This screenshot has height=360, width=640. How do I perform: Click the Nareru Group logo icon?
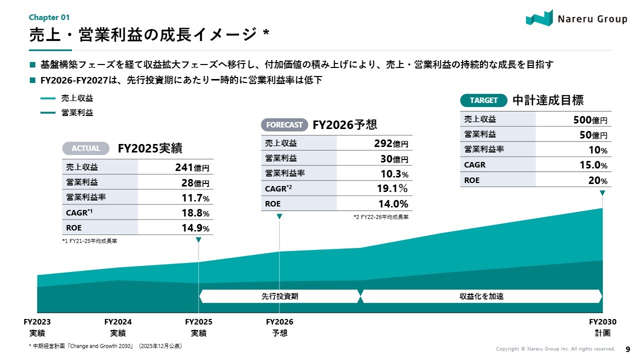(x=539, y=18)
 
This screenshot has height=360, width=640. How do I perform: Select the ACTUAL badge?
(x=85, y=148)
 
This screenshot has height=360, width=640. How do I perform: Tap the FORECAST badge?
(x=284, y=124)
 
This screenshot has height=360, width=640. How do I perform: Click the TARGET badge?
(x=483, y=100)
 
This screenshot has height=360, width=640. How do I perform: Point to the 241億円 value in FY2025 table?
(x=192, y=167)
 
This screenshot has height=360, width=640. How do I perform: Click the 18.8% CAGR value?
(x=194, y=213)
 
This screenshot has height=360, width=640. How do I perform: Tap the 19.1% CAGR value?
(x=392, y=188)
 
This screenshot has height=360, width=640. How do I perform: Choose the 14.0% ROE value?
(x=393, y=204)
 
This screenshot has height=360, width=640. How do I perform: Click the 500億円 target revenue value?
(x=590, y=120)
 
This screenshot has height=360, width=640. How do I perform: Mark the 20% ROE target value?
(x=597, y=180)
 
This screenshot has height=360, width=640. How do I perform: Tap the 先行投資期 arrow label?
(x=279, y=296)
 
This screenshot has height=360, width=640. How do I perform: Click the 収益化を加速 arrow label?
(x=481, y=296)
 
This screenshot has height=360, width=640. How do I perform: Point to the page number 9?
(x=628, y=349)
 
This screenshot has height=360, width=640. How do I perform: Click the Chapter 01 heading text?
(x=49, y=17)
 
